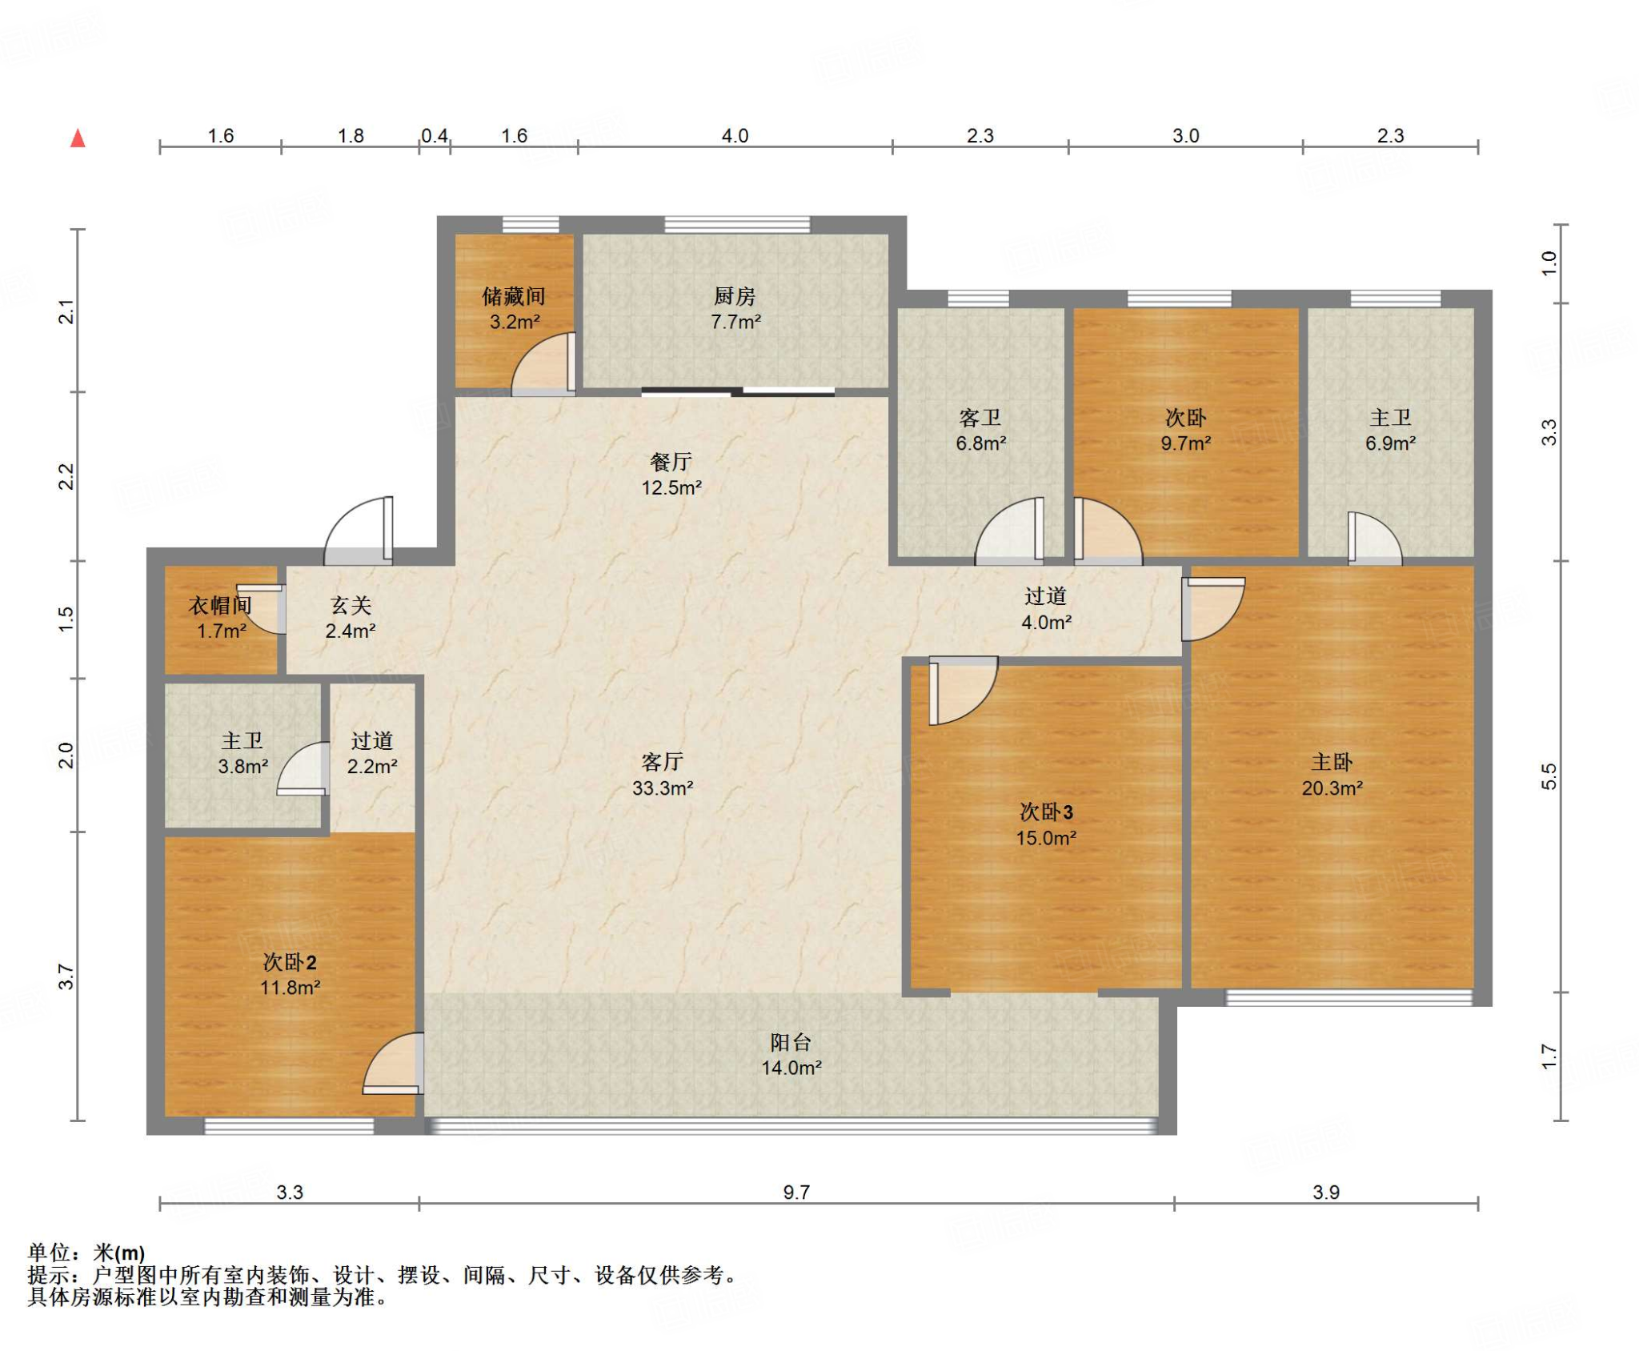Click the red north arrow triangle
pos(78,138)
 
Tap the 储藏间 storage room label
pos(514,297)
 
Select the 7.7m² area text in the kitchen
pos(735,322)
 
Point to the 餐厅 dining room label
pos(671,462)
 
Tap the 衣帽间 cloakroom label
pos(220,606)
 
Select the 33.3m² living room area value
pos(663,788)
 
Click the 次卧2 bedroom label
pos(290,962)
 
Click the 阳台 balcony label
pos(791,1042)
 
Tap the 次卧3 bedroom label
pos(1046,812)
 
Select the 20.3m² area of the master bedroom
pos(1332,788)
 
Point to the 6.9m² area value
pos(1390,443)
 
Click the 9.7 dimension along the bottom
pos(796,1192)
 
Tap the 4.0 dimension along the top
pos(735,135)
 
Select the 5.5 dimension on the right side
pos(1549,776)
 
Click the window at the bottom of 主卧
pos(1348,997)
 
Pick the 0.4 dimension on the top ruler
pos(435,135)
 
